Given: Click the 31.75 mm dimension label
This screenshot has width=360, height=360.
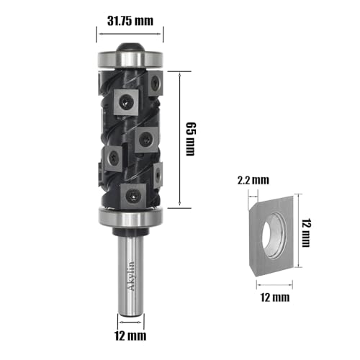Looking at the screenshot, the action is tap(130, 21).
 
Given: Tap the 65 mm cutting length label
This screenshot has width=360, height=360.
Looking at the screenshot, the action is tap(191, 139).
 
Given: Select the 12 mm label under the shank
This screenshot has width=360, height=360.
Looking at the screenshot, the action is tap(130, 336).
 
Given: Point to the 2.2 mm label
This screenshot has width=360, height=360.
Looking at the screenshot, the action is tap(253, 180).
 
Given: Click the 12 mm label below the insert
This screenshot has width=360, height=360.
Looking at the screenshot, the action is tap(275, 297).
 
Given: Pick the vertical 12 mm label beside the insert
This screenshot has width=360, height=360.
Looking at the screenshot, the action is tap(306, 233).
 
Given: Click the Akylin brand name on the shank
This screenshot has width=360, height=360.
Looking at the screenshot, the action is tap(132, 276).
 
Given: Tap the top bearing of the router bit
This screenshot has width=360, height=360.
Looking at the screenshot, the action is tap(130, 59).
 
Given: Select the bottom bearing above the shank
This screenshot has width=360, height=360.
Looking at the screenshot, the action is tap(130, 217).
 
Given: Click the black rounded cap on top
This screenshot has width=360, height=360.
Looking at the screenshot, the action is tap(130, 47).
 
